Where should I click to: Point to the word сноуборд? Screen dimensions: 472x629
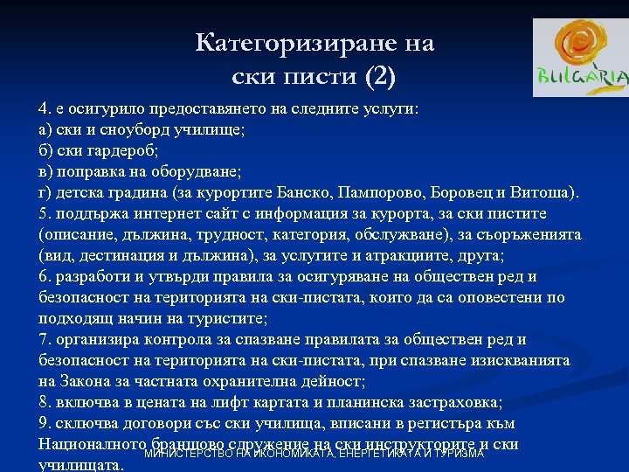121,129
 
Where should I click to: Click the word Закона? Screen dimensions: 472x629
85,381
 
